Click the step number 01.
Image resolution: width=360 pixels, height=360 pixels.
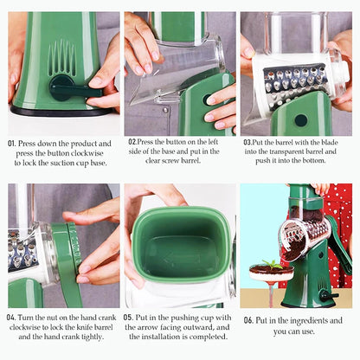[13, 142]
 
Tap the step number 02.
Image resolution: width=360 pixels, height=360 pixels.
[132, 141]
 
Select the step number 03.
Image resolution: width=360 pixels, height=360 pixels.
[247, 141]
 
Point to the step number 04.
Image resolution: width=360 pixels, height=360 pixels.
[13, 318]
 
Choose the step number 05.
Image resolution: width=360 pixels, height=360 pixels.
[128, 318]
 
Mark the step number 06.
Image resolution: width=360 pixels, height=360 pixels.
[248, 319]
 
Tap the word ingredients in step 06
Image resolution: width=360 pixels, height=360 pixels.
[316, 319]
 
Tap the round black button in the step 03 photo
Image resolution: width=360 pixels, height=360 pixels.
[300, 119]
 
